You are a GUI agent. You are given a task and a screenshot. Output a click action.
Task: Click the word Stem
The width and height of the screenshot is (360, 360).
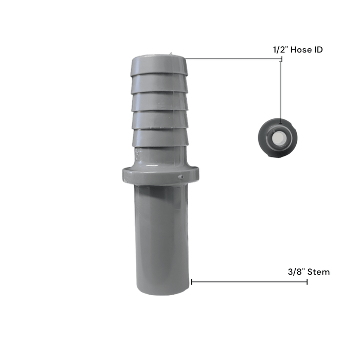[319, 272]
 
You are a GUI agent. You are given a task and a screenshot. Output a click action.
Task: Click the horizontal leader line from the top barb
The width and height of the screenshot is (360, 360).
[231, 59]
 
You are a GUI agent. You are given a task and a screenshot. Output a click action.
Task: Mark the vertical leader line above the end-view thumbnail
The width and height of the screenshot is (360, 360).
[281, 90]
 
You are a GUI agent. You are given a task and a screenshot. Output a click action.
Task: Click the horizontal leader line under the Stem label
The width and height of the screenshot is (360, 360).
[249, 282]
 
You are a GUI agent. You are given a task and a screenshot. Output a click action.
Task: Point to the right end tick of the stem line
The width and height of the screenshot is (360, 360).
[307, 282]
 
